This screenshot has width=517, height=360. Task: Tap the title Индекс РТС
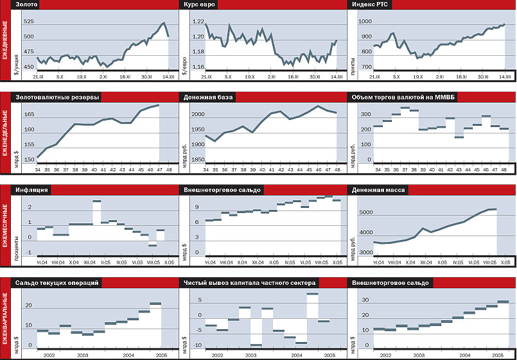click(368, 5)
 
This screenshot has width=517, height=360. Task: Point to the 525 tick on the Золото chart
click(28, 21)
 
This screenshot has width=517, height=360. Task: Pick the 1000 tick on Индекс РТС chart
click(365, 22)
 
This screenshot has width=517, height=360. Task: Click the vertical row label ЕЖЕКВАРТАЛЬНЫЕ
click(6, 317)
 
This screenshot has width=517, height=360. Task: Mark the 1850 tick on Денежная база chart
click(197, 160)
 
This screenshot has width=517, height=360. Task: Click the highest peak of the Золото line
click(164, 23)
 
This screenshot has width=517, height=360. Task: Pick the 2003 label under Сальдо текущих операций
click(82, 355)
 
